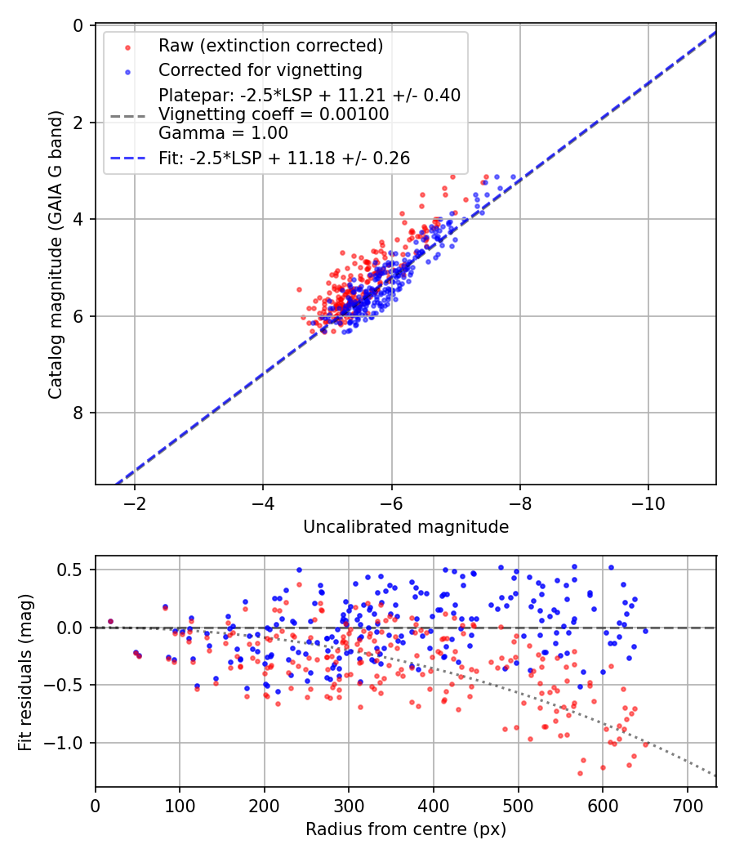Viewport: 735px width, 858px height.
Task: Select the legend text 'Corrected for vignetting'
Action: (260, 69)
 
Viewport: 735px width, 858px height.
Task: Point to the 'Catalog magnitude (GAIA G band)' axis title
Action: (55, 256)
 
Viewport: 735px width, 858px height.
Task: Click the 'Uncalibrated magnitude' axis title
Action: (406, 527)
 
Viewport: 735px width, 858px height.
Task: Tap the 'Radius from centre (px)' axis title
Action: (406, 829)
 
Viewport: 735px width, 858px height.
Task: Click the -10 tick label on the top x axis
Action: (648, 500)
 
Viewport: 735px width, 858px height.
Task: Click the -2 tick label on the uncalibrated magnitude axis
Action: (134, 500)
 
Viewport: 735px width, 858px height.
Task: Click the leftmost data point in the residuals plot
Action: (111, 621)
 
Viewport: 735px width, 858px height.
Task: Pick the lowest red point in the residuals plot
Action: (581, 772)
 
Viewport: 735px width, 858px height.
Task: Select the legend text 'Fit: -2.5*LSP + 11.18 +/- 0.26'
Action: (284, 158)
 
